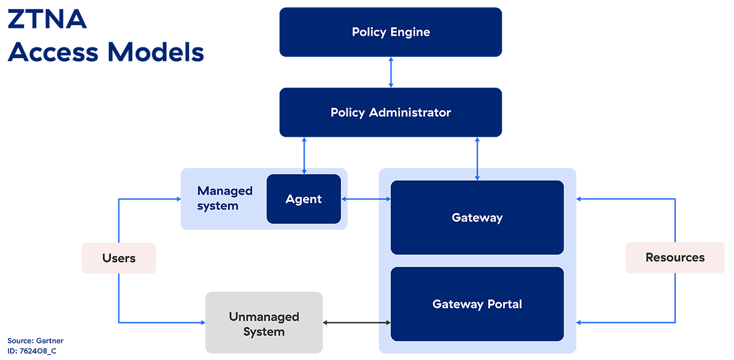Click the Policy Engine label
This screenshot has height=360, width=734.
point(391,32)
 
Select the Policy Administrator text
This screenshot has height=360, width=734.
point(391,113)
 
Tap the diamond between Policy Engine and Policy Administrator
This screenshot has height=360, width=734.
point(391,72)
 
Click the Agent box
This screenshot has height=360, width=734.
point(304,199)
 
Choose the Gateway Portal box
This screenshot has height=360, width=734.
point(477,304)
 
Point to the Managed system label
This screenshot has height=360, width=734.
point(225,198)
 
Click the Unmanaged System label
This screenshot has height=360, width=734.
point(264,324)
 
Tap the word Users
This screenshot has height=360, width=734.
point(119,258)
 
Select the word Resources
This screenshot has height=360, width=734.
point(675,257)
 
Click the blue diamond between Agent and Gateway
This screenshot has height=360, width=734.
point(363,199)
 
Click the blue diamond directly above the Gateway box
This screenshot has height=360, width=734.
point(477,152)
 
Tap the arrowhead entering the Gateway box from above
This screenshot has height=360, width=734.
point(477,178)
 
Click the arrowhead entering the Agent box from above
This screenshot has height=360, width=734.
point(304,172)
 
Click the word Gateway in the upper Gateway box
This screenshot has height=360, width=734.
point(477,218)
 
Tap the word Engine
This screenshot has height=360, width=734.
point(410,32)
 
